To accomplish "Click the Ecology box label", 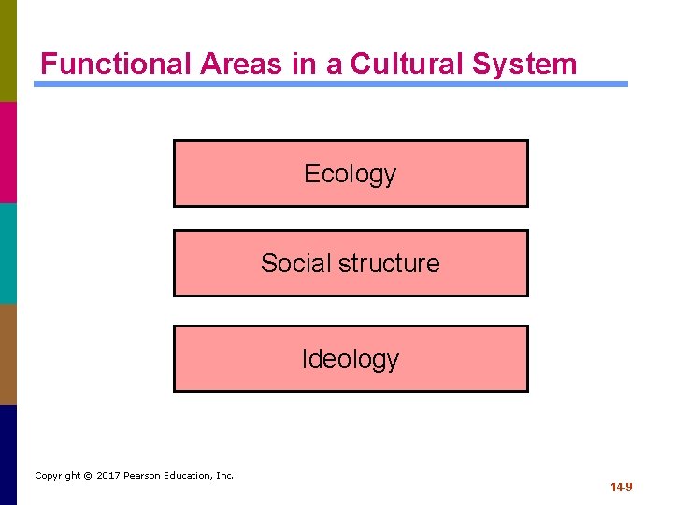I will (x=351, y=174).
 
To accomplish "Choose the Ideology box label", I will (x=351, y=359).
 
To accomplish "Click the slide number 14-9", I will (x=622, y=487).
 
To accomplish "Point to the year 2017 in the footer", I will (x=109, y=476).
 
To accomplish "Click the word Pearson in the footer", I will (x=145, y=476).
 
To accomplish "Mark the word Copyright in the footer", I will (x=57, y=476).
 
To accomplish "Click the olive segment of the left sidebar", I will (x=8, y=50).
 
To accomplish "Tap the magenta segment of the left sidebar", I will (x=8, y=151).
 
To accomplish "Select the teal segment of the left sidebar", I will (x=8, y=252).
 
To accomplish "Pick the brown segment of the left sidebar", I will (x=8, y=353).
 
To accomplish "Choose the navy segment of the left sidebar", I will (x=8, y=454).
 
